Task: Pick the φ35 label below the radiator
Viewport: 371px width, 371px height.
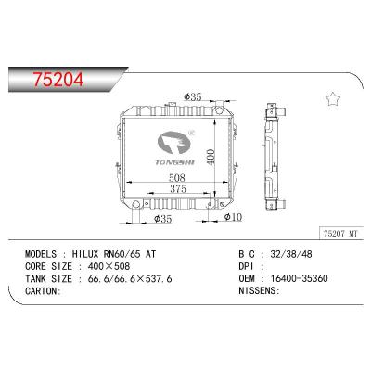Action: coord(163,219)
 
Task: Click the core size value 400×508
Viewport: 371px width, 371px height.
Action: coord(107,264)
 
